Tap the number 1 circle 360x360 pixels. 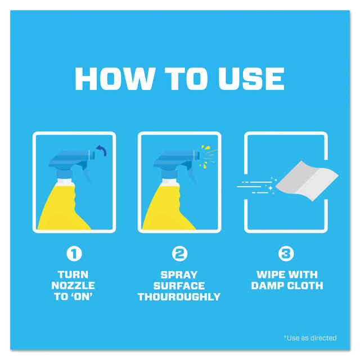74,254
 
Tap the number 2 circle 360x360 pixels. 179,254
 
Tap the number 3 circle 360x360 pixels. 286,254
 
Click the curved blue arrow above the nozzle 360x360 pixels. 101,151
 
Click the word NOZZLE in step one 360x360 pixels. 74,286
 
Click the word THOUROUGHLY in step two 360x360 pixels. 179,297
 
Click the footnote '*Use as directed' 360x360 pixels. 310,337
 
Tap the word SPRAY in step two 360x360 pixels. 179,274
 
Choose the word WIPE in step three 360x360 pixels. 267,274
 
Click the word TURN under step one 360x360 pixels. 74,274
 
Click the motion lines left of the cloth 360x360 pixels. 256,186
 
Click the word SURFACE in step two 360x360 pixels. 179,286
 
